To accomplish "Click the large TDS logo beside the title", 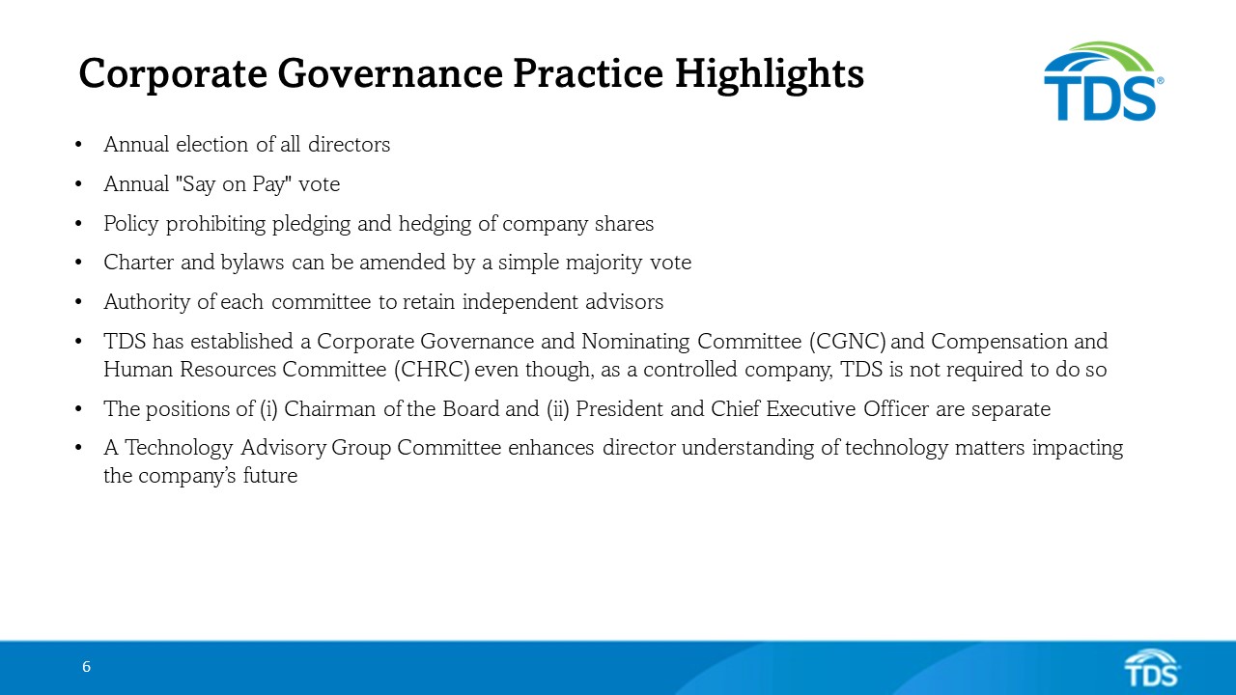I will pos(1103,82).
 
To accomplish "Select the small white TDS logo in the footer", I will pos(1152,668).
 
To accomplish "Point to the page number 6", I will pos(86,667).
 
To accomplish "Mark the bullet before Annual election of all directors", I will pos(77,146).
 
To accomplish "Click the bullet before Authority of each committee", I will pos(77,303).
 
